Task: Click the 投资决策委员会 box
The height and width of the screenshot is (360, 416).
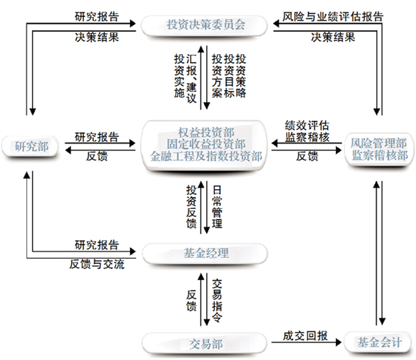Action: pos(204,26)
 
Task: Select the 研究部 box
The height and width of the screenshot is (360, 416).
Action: pos(30,147)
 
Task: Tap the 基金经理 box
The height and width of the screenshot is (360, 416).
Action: pos(205,254)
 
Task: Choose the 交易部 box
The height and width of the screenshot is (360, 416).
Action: pos(205,344)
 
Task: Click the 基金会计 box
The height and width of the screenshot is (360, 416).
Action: pos(379,342)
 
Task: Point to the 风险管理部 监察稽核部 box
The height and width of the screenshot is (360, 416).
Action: pos(379,150)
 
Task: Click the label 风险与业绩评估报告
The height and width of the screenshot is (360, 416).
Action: pos(332,17)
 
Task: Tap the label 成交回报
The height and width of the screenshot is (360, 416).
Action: pos(305,336)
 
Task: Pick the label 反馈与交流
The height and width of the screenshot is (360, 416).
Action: pos(97,264)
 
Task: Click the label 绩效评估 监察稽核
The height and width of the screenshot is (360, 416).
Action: pos(307,131)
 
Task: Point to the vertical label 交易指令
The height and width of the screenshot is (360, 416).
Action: pos(217,301)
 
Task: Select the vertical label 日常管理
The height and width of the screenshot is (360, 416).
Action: pos(217,207)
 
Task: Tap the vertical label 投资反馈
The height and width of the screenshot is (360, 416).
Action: pos(191,207)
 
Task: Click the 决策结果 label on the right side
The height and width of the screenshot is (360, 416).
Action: pos(332,37)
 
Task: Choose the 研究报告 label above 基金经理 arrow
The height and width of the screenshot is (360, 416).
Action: pos(97,245)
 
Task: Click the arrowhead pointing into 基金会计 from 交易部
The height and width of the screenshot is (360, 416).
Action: pos(338,342)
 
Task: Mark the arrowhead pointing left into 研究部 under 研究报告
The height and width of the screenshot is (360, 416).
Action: pos(68,150)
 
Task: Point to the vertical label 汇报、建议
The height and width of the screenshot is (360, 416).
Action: pos(191,78)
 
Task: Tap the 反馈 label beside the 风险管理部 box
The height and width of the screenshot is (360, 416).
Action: pos(307,156)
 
